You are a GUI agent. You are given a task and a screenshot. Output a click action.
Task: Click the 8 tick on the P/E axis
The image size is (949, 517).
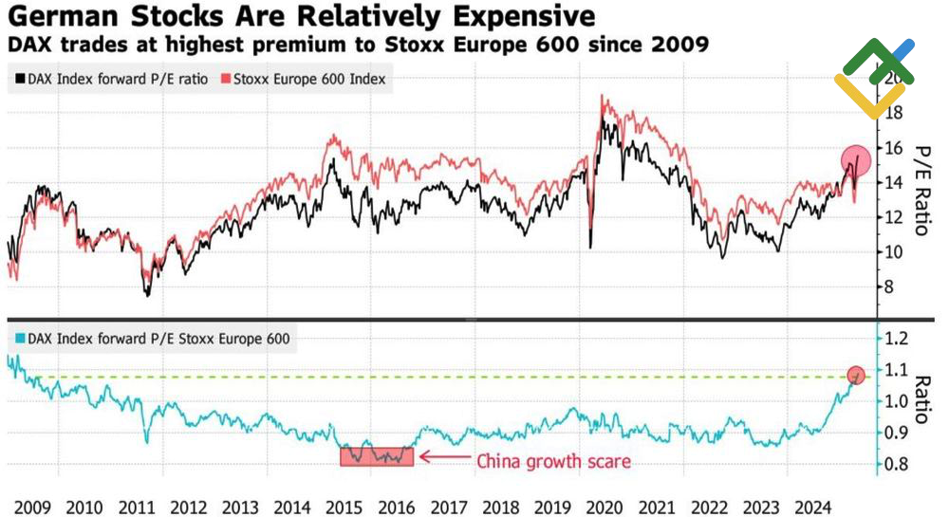pyautogui.click(x=888, y=286)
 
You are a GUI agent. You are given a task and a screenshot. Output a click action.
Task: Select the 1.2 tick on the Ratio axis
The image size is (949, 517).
pyautogui.click(x=896, y=339)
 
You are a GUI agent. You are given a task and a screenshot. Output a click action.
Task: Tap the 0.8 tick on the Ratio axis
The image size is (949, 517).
pyautogui.click(x=896, y=464)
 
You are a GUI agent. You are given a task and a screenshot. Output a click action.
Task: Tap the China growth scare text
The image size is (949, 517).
pyautogui.click(x=553, y=462)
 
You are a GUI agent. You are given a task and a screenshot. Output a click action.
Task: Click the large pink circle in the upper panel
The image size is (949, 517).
pyautogui.click(x=856, y=162)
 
